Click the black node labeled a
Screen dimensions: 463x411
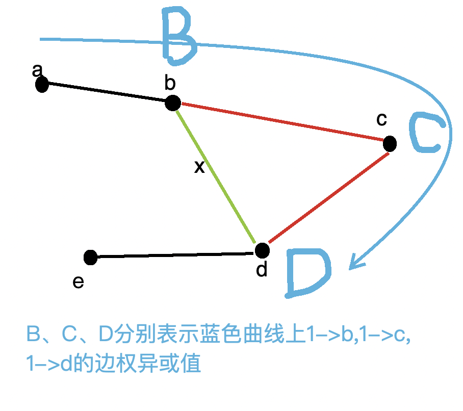coord(42,85)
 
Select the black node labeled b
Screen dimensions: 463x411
coord(173,103)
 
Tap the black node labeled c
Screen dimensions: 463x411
coord(390,144)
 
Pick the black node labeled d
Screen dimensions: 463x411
coord(262,250)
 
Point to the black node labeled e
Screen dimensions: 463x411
coord(91,258)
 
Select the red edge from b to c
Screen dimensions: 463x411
coord(280,122)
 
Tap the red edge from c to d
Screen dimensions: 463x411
coord(329,196)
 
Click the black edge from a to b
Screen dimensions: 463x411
coord(107,94)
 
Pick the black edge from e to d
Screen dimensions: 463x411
coord(176,254)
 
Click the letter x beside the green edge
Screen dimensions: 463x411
coord(199,166)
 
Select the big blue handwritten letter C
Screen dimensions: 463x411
coord(426,134)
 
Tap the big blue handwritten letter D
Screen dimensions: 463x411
coord(307,273)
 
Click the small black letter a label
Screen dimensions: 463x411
coord(37,70)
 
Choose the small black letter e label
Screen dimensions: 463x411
coord(78,281)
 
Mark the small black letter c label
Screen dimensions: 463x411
coord(381,120)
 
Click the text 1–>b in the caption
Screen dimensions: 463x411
coord(327,335)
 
